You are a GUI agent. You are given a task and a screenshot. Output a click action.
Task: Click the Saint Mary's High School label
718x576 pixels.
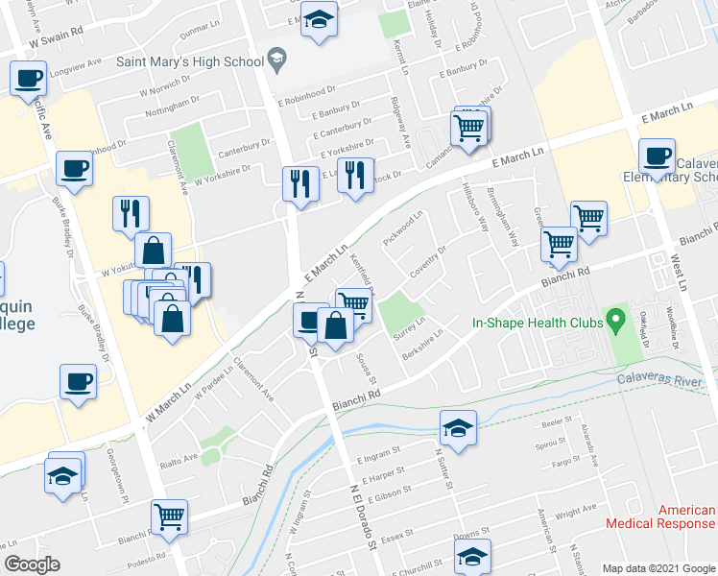pyautogui.click(x=189, y=61)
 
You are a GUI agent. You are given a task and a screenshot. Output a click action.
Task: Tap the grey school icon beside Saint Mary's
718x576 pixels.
pyautogui.click(x=278, y=60)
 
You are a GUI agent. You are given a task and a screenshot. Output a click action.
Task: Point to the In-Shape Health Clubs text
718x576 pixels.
pyautogui.click(x=538, y=324)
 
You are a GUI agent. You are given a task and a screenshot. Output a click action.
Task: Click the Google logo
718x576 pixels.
pyautogui.click(x=32, y=564)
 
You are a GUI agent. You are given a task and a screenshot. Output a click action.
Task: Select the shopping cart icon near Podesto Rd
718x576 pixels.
pyautogui.click(x=170, y=516)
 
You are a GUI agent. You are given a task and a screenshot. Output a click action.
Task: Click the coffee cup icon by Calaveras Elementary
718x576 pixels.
pyautogui.click(x=658, y=155)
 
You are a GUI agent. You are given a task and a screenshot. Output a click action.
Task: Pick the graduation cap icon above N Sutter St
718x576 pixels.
pyautogui.click(x=459, y=425)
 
